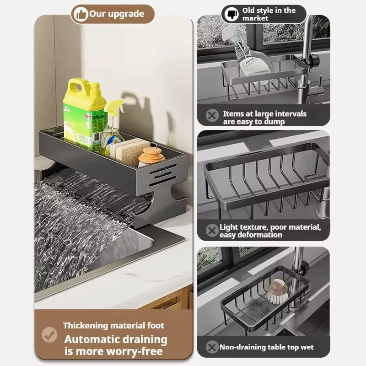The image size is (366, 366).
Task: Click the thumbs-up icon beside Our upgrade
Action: click(x=81, y=14)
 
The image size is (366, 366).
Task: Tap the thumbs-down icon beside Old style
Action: click(x=231, y=14)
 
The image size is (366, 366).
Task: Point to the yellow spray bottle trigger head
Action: click(x=115, y=105)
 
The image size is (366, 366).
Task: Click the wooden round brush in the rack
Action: click(x=151, y=156)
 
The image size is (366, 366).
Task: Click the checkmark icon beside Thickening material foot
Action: click(x=49, y=335)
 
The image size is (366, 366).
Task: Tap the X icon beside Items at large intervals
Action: click(x=212, y=115)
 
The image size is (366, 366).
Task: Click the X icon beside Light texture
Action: click(x=212, y=231)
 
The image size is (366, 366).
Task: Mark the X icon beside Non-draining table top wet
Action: click(x=212, y=347)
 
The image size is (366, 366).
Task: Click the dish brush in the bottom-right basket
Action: click(x=277, y=291)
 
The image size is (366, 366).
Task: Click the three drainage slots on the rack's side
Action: click(x=163, y=175)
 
